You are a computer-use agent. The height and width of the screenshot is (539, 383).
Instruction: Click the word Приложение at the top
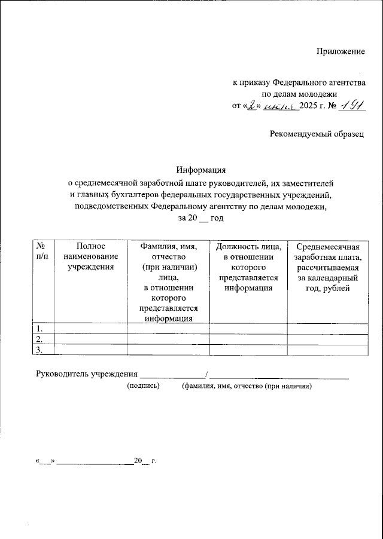point(341,52)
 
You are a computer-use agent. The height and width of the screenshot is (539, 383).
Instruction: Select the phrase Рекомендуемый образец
point(317,136)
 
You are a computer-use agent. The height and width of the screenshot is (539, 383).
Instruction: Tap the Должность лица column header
point(248,267)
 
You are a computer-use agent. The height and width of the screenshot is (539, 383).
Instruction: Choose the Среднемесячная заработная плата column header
point(327,267)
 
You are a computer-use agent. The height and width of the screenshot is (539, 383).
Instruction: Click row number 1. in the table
point(39,328)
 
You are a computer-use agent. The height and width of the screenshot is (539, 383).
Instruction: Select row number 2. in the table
point(39,339)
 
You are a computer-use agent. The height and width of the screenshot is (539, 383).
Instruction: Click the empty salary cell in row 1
point(327,328)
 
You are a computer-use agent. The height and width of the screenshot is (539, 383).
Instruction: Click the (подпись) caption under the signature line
point(143,387)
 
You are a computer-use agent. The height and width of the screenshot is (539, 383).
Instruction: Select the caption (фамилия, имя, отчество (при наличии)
point(247,387)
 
